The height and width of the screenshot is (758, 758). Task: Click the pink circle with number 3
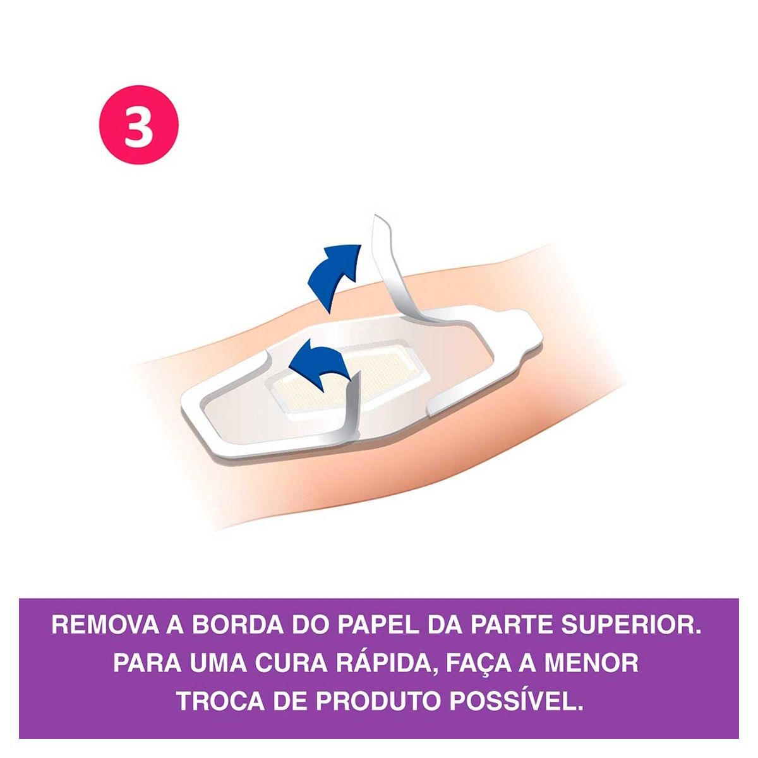(138, 124)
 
